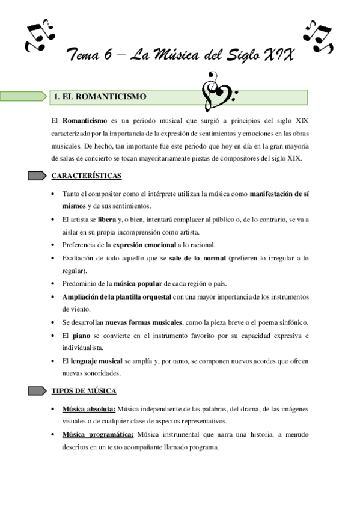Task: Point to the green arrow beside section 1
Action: (24, 96)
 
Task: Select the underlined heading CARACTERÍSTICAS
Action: (87, 176)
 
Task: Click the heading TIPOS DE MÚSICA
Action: (84, 390)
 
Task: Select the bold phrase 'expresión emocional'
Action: (144, 245)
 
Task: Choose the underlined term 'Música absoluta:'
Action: (89, 409)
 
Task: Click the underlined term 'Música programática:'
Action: (97, 434)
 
